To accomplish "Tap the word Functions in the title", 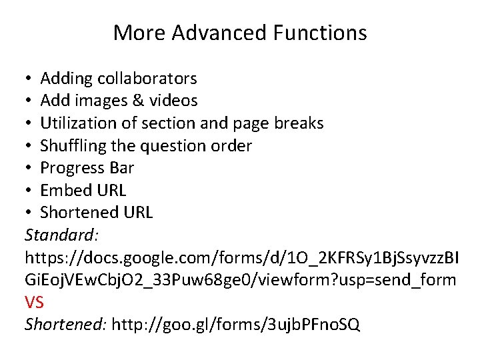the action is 319,32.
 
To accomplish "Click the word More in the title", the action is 133,32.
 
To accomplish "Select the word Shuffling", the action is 73,145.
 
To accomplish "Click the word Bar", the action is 121,168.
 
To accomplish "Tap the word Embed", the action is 65,190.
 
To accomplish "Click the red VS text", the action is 34,303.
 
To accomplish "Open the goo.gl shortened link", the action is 236,325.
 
